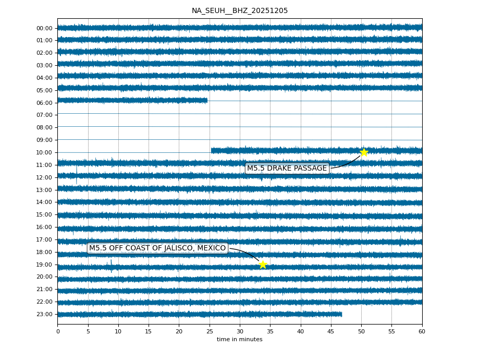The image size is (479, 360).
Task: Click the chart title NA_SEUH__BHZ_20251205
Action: (x=239, y=10)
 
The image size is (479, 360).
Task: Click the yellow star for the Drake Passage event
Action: (x=364, y=152)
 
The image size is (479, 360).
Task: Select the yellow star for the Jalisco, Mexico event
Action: (x=263, y=265)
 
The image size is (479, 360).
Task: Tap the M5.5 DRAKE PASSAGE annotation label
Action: (x=287, y=168)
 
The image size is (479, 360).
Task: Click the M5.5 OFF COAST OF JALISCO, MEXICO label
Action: (x=157, y=248)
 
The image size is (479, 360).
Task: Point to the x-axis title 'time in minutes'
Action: (x=239, y=340)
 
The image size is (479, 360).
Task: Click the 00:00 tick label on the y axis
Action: (x=44, y=28)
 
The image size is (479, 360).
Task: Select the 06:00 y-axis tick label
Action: (x=44, y=103)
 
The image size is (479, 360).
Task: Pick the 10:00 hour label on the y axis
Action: (x=44, y=152)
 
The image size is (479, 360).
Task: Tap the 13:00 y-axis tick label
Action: (x=44, y=190)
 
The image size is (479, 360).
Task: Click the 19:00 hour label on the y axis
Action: (x=44, y=265)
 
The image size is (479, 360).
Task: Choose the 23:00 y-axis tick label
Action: (x=44, y=314)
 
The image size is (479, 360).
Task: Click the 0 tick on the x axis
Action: (x=58, y=331)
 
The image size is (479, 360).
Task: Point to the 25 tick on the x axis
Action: (x=210, y=331)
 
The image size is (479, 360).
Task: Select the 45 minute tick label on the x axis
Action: (x=331, y=331)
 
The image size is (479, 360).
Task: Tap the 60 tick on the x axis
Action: (x=422, y=331)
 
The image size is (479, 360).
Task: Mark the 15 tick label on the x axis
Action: (x=149, y=331)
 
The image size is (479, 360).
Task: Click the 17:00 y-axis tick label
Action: (x=44, y=239)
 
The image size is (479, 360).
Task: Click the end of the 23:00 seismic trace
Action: (x=341, y=314)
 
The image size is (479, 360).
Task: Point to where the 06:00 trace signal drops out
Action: (x=207, y=100)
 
